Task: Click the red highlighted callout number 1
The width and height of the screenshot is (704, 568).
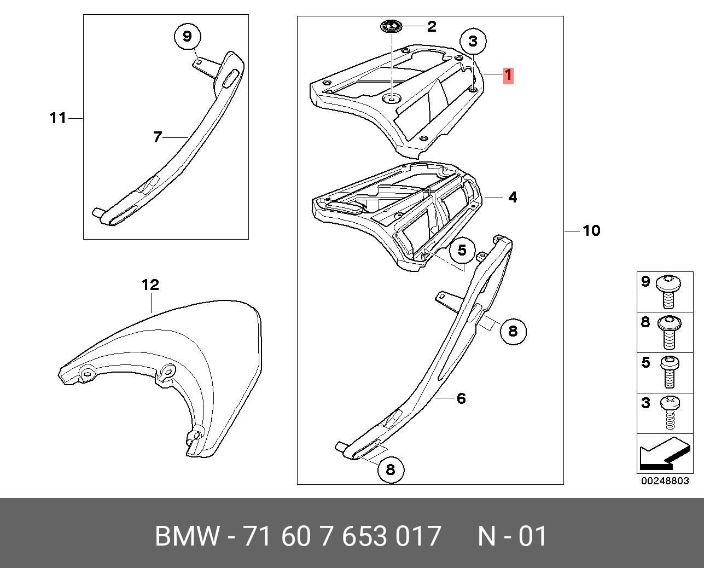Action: point(508,76)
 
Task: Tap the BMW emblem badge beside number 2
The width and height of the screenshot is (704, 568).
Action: point(392,26)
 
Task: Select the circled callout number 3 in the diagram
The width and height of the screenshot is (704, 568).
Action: point(473,42)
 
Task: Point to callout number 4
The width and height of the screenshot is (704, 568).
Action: point(513,198)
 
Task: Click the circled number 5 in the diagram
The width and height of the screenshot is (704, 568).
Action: point(462,251)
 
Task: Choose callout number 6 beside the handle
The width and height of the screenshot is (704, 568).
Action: point(461,398)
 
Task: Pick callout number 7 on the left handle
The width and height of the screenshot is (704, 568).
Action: point(158,137)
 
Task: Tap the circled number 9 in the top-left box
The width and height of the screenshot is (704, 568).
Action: point(188,36)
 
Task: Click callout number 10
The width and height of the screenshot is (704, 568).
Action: point(591,231)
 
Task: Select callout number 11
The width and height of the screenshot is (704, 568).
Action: point(58,118)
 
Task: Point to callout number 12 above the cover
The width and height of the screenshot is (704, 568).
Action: point(150,285)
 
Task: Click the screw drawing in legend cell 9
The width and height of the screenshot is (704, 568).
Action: point(668,292)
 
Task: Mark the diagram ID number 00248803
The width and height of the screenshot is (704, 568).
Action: point(665,481)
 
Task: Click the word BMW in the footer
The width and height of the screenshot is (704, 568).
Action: point(187,536)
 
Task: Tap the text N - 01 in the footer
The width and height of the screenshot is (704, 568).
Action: point(513,536)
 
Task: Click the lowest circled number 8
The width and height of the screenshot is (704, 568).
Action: point(391,470)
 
